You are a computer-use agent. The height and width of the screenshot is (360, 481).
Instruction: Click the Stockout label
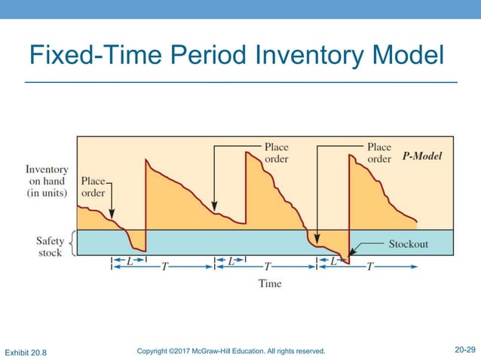(408, 244)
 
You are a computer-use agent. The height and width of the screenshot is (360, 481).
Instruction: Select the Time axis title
(270, 283)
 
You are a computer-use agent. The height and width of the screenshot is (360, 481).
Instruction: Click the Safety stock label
(50, 246)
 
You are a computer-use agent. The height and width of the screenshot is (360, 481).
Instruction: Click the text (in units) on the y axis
(47, 193)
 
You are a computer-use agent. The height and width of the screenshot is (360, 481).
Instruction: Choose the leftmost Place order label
(93, 187)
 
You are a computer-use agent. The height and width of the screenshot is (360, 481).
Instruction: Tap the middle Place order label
(276, 153)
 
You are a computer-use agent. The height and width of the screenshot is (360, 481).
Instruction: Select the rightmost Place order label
(378, 153)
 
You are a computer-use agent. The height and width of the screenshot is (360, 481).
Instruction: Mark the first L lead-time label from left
(129, 261)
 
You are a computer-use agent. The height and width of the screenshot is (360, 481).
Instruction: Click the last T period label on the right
(369, 267)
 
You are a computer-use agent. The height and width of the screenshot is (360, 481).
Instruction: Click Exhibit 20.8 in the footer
(26, 352)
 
